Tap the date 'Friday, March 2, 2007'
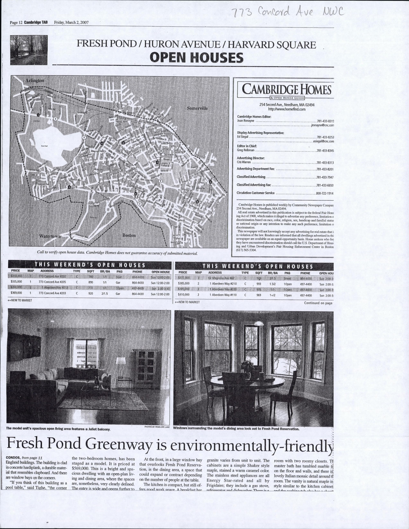point(71,22)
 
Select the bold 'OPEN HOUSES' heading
point(197,57)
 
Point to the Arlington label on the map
point(35,80)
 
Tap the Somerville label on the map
point(197,108)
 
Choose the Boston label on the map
point(129,235)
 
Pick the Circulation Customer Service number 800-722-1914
point(325,194)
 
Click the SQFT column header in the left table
point(91,272)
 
